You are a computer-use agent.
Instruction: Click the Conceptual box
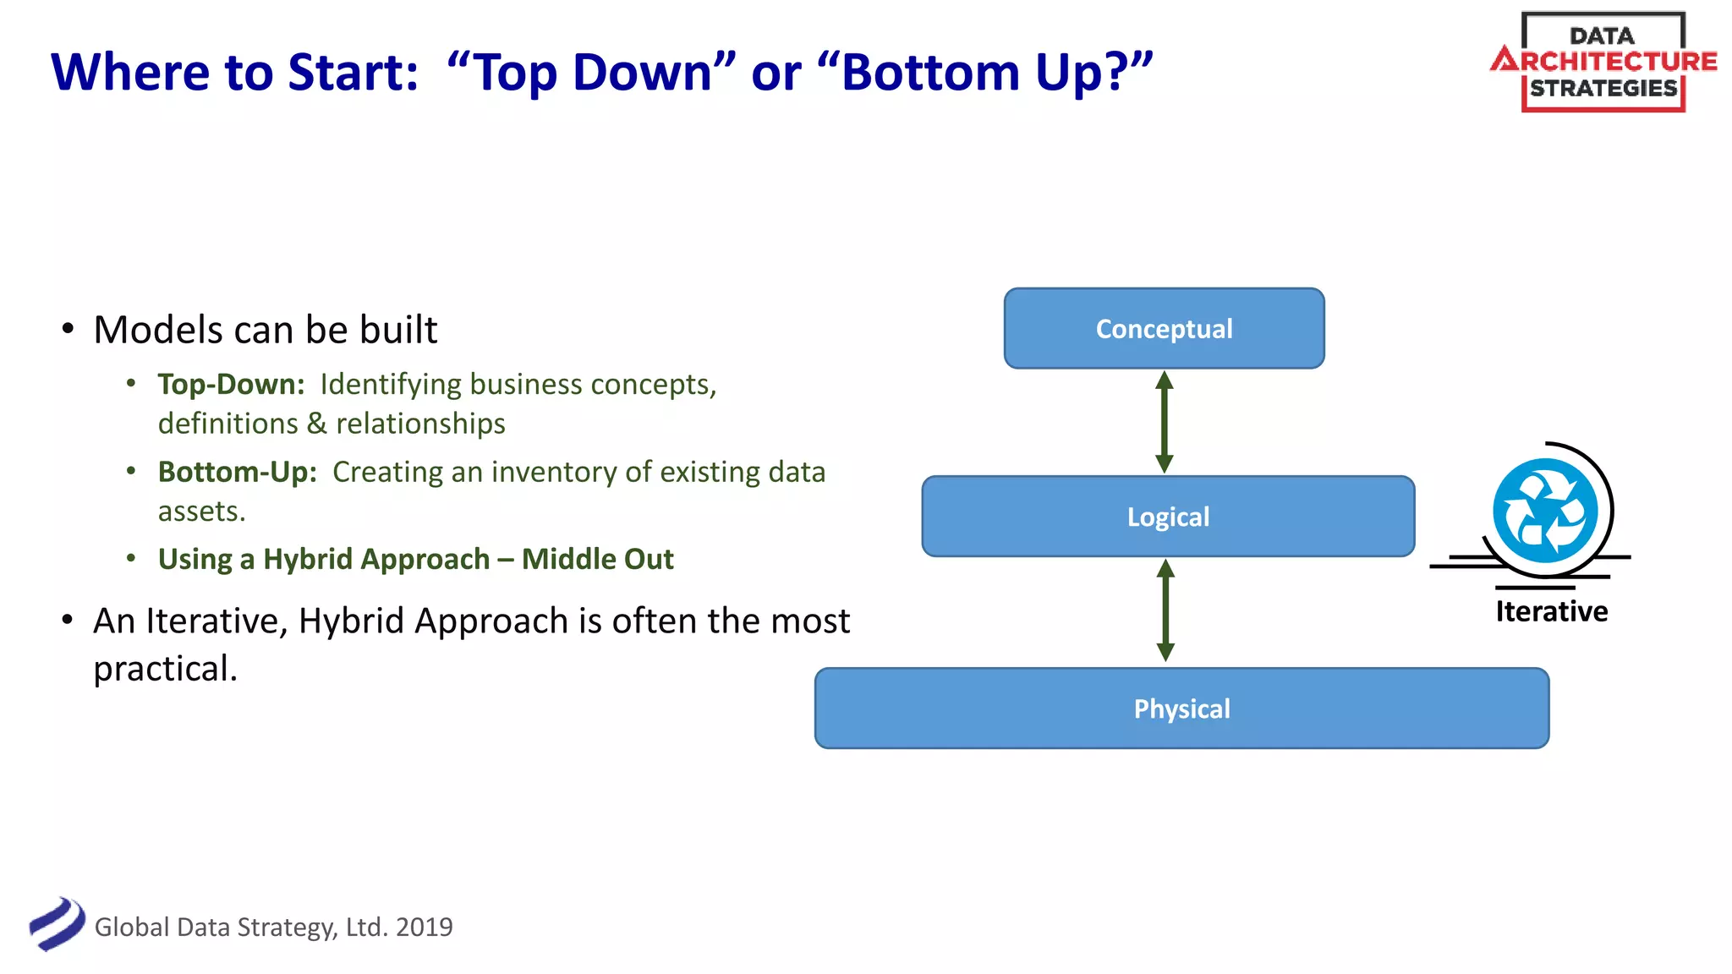pyautogui.click(x=1164, y=328)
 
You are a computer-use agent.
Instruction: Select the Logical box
pyautogui.click(x=1168, y=516)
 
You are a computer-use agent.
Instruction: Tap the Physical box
pyautogui.click(x=1181, y=708)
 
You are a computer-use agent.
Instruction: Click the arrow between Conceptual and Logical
pyautogui.click(x=1165, y=422)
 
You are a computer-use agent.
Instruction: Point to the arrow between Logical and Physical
pyautogui.click(x=1165, y=610)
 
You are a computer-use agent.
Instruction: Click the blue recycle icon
pyautogui.click(x=1545, y=511)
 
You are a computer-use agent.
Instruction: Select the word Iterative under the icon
pyautogui.click(x=1551, y=611)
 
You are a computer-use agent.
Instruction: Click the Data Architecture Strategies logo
pyautogui.click(x=1603, y=62)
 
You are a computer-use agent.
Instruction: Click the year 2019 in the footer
pyautogui.click(x=424, y=927)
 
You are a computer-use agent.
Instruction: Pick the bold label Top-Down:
pyautogui.click(x=231, y=384)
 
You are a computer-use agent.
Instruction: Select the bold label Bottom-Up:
pyautogui.click(x=237, y=472)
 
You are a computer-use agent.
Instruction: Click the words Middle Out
pyautogui.click(x=597, y=559)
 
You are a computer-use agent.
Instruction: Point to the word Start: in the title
pyautogui.click(x=354, y=73)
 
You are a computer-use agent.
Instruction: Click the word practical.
pyautogui.click(x=165, y=668)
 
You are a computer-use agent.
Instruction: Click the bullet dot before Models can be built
pyautogui.click(x=68, y=329)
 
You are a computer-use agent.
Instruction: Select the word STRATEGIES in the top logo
pyautogui.click(x=1603, y=88)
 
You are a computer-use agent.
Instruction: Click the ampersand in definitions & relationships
pyautogui.click(x=316, y=424)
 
